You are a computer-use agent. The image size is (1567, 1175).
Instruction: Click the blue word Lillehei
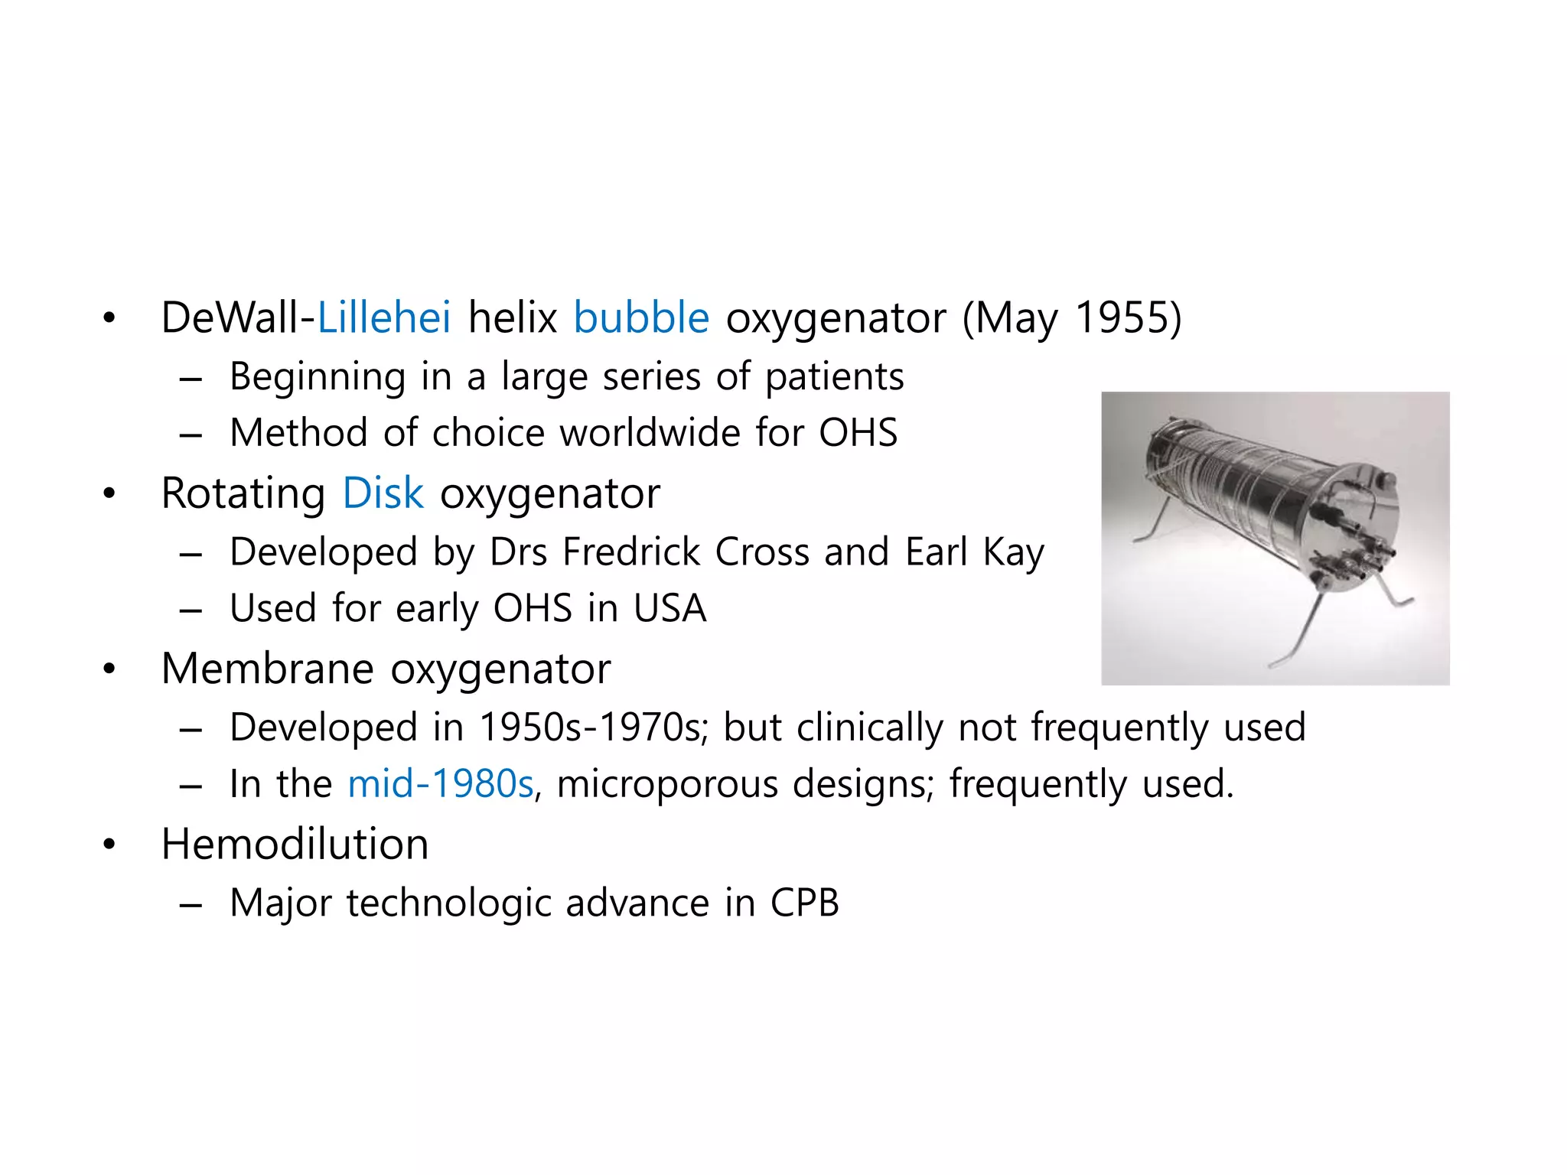(383, 317)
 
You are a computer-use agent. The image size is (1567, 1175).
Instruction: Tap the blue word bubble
(641, 317)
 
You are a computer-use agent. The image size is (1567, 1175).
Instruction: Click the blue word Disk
(383, 493)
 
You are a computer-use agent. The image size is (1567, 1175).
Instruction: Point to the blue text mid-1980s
(440, 784)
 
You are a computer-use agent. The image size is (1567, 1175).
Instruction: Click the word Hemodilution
(295, 845)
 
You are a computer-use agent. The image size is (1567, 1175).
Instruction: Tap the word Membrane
(268, 669)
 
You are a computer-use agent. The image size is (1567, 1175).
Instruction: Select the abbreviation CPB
(804, 903)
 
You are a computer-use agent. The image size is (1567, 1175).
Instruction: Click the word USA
(669, 609)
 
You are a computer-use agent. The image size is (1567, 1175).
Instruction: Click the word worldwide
(650, 433)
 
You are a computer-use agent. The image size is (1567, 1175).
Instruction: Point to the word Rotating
(243, 494)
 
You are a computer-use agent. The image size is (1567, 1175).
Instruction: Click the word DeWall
(233, 317)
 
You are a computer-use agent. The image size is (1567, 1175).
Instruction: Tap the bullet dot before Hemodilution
(109, 845)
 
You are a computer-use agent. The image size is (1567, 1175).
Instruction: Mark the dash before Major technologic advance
(190, 904)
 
